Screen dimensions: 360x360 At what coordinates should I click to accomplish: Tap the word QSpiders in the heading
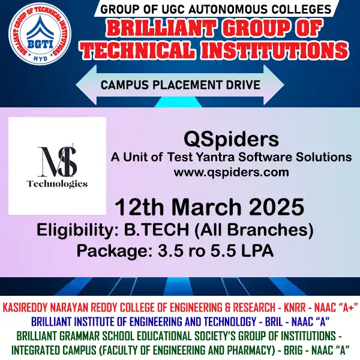click(232, 140)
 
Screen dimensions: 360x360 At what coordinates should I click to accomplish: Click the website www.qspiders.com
click(232, 172)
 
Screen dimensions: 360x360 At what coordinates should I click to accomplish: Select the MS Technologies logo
click(57, 166)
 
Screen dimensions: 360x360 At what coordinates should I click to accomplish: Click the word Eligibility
click(71, 230)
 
